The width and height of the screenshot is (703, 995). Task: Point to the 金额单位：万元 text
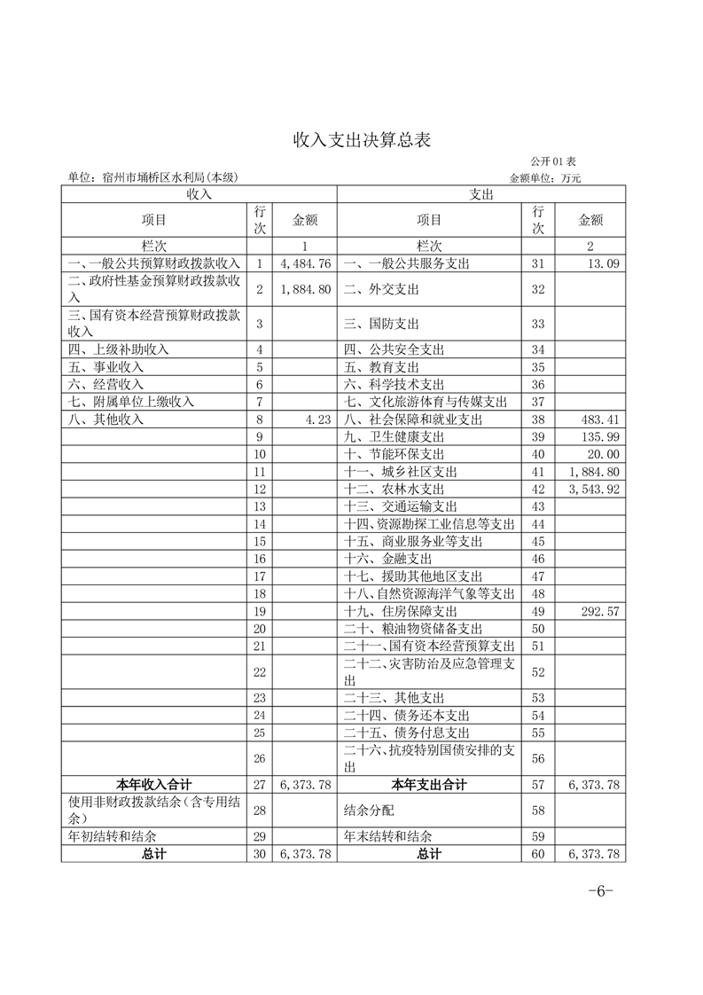pyautogui.click(x=545, y=177)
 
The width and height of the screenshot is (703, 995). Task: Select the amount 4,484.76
pyautogui.click(x=305, y=263)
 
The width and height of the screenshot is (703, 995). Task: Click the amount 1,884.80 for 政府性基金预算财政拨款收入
pyautogui.click(x=305, y=289)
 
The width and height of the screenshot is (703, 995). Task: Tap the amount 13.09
pyautogui.click(x=604, y=263)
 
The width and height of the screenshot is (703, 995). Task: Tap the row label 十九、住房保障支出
pyautogui.click(x=401, y=611)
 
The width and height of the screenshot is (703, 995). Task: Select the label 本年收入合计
pyautogui.click(x=154, y=784)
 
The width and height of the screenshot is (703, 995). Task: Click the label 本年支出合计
pyautogui.click(x=430, y=784)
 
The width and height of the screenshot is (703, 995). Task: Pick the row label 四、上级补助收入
pyautogui.click(x=118, y=349)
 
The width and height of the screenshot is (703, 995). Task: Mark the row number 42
pyautogui.click(x=537, y=489)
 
